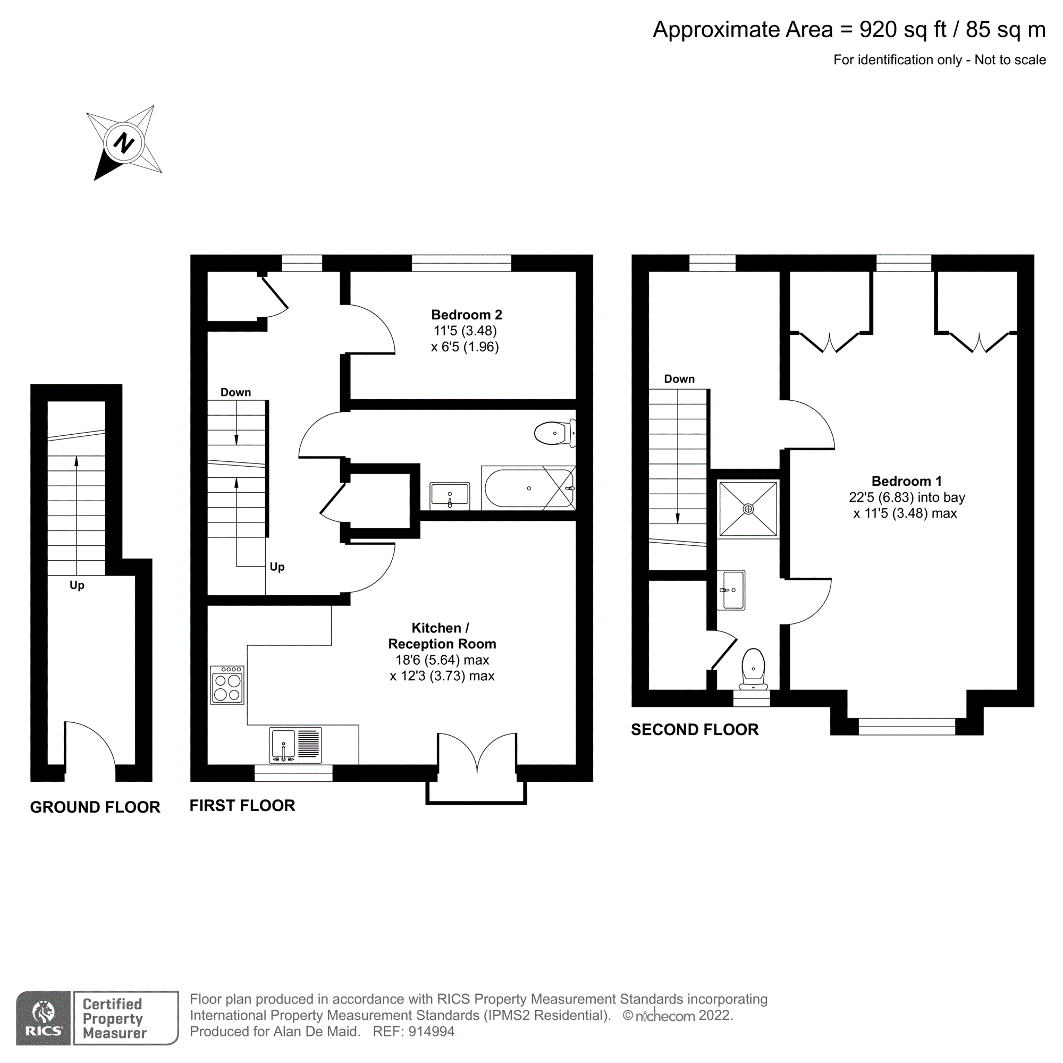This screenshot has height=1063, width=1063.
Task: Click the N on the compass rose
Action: coord(123,143)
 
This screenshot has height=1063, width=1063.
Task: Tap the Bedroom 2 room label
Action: coord(466,315)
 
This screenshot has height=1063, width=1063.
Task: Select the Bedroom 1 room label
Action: coord(906,481)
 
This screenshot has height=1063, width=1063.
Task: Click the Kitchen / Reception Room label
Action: coord(441,636)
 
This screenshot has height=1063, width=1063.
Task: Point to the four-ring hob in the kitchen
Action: coord(227,685)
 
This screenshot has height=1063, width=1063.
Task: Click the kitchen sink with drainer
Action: coord(295,745)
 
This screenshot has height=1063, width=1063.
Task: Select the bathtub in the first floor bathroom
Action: coord(528,488)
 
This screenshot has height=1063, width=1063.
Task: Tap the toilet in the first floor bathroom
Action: coord(553,433)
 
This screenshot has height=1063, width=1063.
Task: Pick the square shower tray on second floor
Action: coord(748,509)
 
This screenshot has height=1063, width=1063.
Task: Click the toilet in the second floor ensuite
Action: coord(753,668)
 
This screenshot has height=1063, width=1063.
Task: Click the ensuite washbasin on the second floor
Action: coord(731,590)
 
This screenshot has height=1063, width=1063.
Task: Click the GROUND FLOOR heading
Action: coord(95,807)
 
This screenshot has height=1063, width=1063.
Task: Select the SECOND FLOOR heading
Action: coord(694,730)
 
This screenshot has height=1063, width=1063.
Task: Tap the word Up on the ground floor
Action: coord(77,585)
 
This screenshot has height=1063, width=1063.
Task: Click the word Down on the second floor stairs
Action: coord(679,378)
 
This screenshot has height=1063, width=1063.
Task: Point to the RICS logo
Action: coord(43,1017)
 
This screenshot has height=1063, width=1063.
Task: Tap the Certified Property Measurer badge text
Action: coord(114,1018)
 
